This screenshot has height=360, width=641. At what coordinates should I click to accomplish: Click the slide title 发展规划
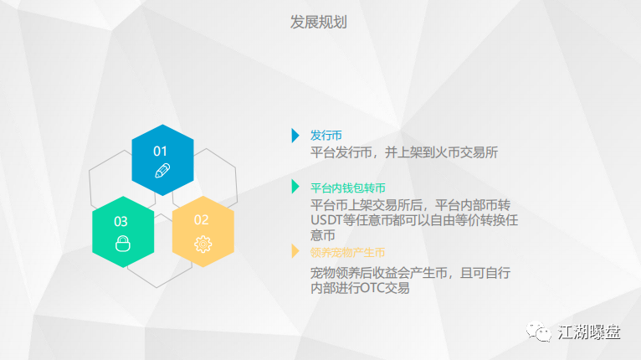click(319, 22)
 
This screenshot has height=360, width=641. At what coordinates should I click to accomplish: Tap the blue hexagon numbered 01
click(162, 160)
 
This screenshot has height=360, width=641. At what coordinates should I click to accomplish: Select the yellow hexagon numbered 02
click(203, 232)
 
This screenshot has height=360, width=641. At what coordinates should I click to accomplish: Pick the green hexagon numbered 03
click(123, 232)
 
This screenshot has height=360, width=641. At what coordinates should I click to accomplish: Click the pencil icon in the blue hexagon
click(162, 171)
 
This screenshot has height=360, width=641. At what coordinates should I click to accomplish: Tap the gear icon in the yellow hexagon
click(203, 244)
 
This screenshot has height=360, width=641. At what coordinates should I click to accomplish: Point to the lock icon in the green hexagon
click(123, 244)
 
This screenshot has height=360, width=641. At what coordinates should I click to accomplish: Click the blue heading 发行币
click(326, 136)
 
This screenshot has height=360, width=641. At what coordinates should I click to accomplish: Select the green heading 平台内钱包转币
click(348, 188)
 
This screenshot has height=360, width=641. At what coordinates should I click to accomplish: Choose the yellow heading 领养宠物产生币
click(347, 252)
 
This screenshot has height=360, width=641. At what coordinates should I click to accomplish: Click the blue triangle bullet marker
click(295, 136)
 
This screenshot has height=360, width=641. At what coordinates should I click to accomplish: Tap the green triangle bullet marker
click(295, 187)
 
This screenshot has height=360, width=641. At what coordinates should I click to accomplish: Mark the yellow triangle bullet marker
click(295, 251)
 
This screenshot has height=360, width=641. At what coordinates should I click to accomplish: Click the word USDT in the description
click(326, 220)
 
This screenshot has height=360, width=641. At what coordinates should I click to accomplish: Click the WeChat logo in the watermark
click(538, 331)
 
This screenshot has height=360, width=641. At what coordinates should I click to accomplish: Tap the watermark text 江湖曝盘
click(589, 332)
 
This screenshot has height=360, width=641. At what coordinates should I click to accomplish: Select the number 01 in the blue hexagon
click(160, 152)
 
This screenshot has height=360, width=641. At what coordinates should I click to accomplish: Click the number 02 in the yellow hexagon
click(201, 220)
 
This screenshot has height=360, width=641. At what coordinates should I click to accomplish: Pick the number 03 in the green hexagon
click(121, 222)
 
